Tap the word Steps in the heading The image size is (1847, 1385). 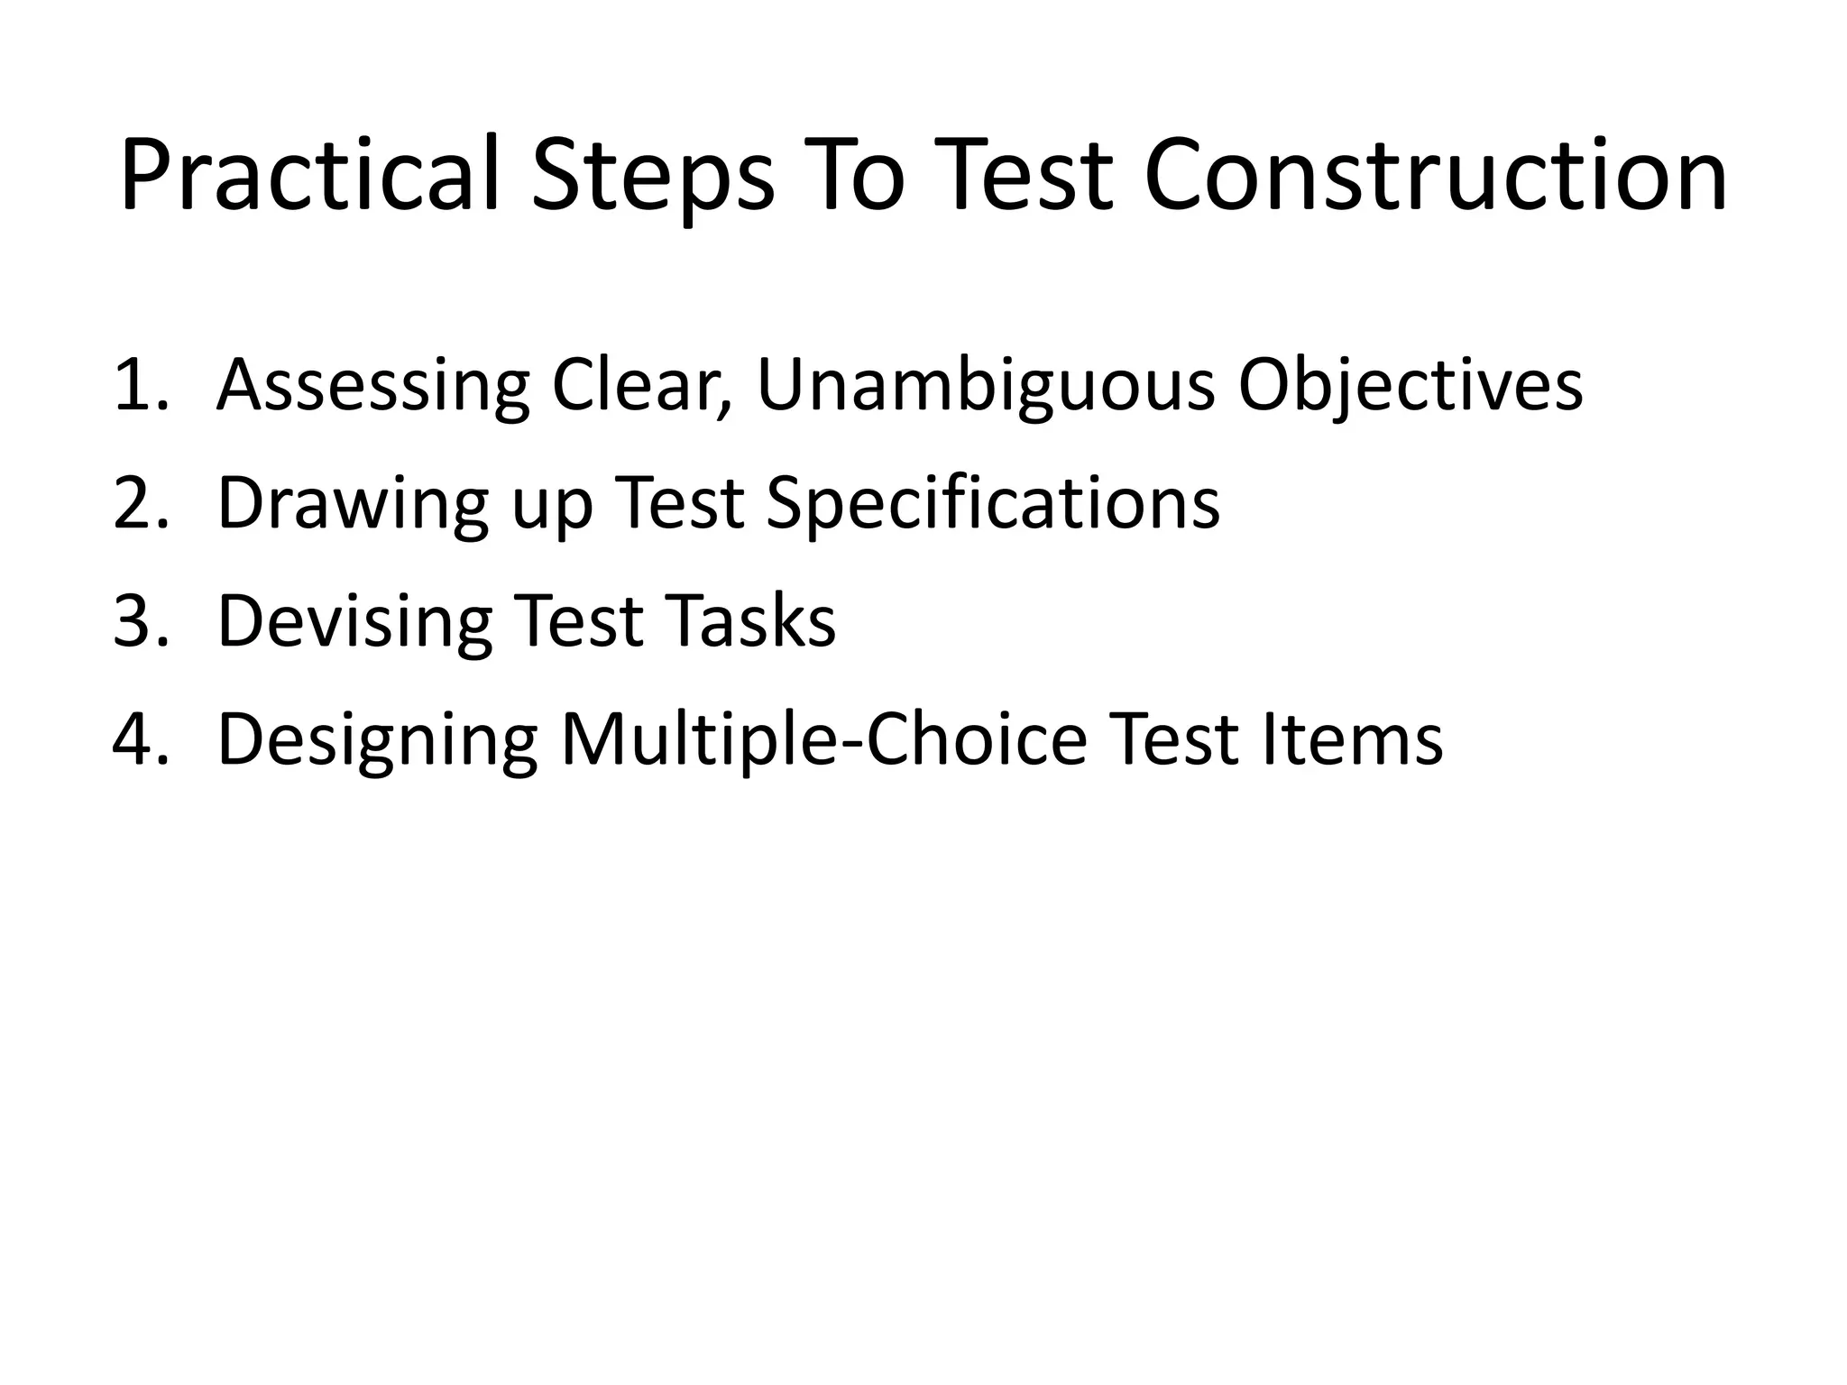(x=652, y=176)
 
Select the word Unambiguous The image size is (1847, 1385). (x=986, y=387)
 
